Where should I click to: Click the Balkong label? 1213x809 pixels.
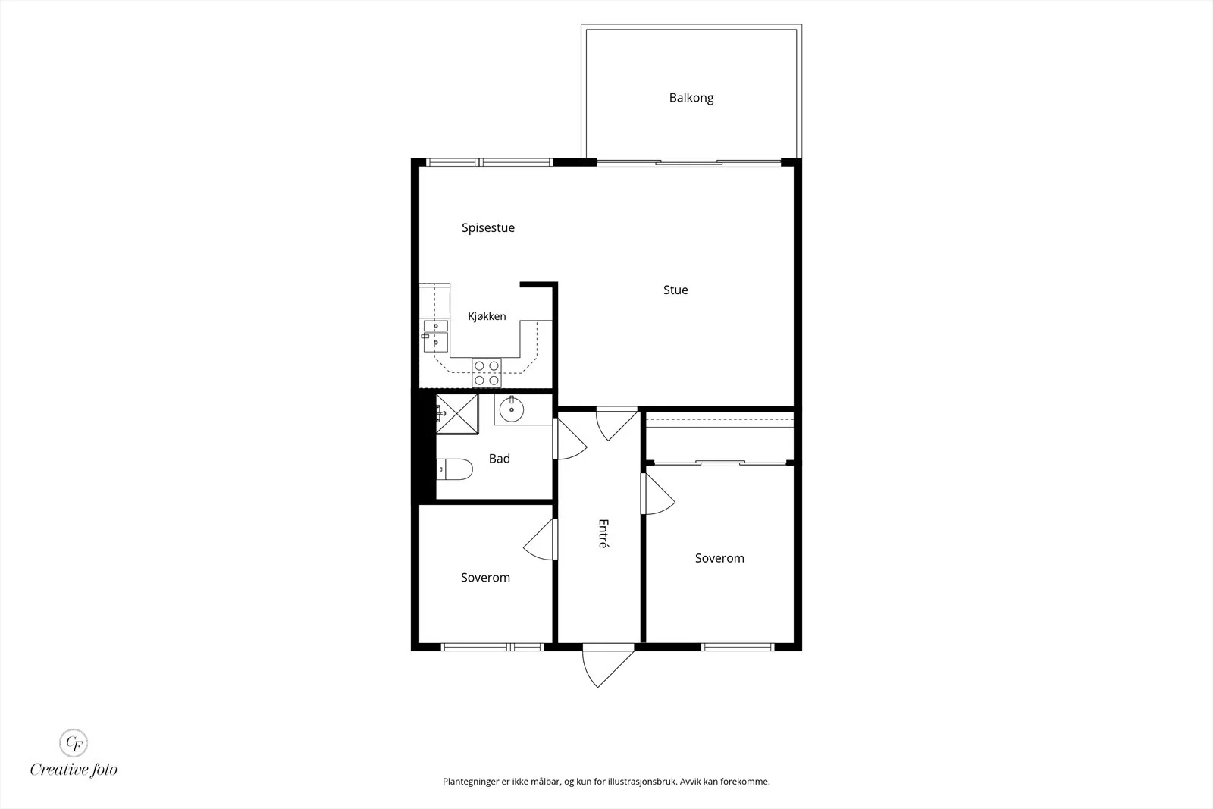(x=691, y=98)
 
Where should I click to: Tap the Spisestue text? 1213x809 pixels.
(x=488, y=228)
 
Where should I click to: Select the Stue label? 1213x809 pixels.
(x=675, y=290)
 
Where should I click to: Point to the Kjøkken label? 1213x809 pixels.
(x=487, y=316)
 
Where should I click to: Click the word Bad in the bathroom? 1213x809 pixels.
(x=500, y=459)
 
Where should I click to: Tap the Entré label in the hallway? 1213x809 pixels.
(x=603, y=534)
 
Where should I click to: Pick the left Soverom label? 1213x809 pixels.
(x=485, y=578)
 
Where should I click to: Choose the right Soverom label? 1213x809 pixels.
(x=719, y=558)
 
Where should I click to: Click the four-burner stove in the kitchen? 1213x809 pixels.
(x=486, y=373)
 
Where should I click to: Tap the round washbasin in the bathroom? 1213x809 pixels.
(x=511, y=409)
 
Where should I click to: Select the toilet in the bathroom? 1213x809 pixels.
(x=455, y=469)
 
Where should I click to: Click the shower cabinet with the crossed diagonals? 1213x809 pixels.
(x=457, y=414)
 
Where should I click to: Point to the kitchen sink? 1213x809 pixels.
(x=435, y=336)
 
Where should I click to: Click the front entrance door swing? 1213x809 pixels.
(x=607, y=669)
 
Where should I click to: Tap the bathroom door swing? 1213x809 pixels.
(x=569, y=438)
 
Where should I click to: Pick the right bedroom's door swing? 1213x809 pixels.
(x=658, y=494)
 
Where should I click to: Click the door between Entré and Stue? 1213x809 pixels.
(x=617, y=423)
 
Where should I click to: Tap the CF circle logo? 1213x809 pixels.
(x=74, y=743)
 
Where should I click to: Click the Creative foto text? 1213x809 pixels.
(x=74, y=770)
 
